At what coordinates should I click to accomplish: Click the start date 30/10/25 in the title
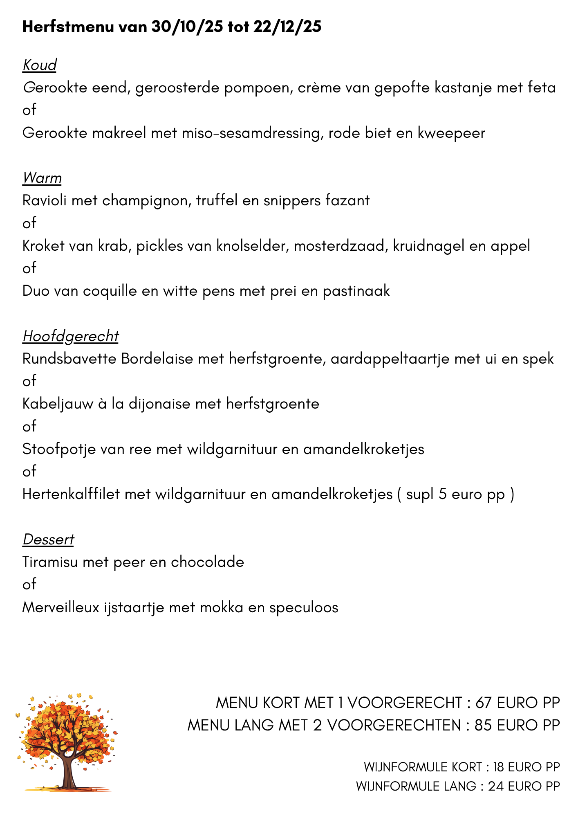(x=187, y=27)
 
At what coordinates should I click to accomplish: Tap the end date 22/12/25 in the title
(x=287, y=27)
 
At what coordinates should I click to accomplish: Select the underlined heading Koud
(x=39, y=65)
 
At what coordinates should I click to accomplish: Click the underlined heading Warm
(x=42, y=178)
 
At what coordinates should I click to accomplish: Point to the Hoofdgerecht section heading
(x=70, y=336)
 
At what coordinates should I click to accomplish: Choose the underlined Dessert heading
(x=48, y=539)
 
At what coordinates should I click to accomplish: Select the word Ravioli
(x=44, y=201)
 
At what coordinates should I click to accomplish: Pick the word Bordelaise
(x=157, y=359)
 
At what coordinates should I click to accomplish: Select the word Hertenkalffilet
(x=71, y=494)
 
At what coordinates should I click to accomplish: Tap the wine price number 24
(x=496, y=786)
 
